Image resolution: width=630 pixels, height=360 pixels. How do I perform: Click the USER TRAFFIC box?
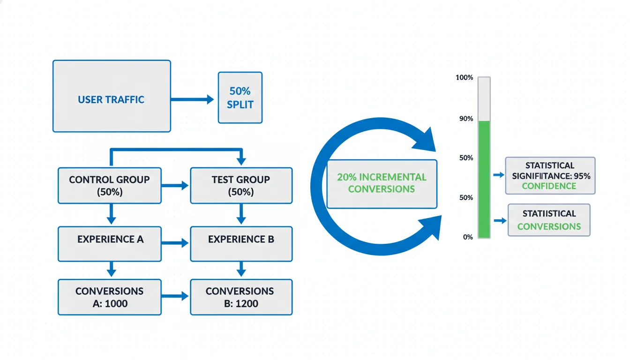(x=112, y=96)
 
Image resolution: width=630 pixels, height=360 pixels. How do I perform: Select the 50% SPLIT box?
(x=240, y=97)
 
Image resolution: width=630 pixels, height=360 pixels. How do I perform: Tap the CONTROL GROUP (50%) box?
(x=109, y=186)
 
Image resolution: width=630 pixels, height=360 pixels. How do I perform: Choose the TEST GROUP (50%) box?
(x=241, y=186)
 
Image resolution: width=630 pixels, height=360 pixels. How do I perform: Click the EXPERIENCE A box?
(x=109, y=244)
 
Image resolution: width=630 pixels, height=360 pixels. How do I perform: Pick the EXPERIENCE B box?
(x=241, y=244)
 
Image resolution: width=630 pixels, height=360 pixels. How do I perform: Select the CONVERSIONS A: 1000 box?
(x=109, y=297)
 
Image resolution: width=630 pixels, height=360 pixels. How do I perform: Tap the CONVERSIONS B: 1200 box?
(x=241, y=297)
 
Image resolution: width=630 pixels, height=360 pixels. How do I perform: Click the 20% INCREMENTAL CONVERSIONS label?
(x=382, y=183)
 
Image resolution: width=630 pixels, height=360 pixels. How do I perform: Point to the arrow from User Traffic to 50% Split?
(x=192, y=99)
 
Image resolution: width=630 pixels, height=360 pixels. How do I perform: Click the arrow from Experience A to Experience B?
(x=175, y=244)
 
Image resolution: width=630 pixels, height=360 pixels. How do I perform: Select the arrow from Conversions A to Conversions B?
(x=175, y=297)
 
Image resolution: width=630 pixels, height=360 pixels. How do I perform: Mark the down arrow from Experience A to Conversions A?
(x=111, y=270)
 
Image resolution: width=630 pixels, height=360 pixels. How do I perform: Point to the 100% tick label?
(x=464, y=77)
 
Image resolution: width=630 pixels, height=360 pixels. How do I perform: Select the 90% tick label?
(x=466, y=119)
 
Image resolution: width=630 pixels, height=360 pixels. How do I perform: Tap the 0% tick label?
(x=468, y=237)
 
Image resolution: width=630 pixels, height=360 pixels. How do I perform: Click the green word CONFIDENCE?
(x=549, y=186)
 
